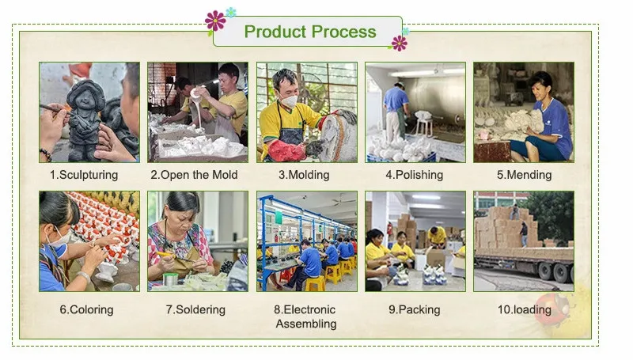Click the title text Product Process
[310, 32]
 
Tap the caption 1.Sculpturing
[84, 175]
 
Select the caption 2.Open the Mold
[194, 175]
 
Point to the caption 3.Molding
[304, 175]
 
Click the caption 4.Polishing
[414, 175]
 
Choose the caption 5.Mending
[524, 175]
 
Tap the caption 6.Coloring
[86, 309]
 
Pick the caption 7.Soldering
[195, 309]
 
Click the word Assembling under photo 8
[306, 324]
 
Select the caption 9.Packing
[414, 309]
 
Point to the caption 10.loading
[524, 309]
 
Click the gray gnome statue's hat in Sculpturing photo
[85, 89]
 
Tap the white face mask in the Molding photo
[289, 100]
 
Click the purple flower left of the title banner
[215, 21]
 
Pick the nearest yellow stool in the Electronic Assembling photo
[315, 283]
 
